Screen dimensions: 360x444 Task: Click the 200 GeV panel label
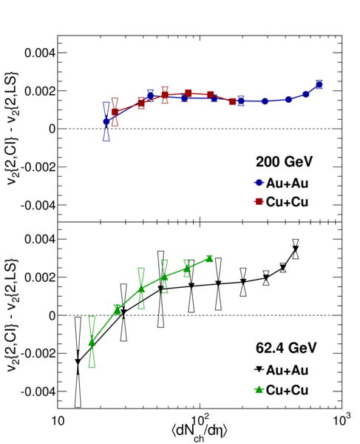point(284,162)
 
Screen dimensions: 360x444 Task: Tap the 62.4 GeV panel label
point(286,348)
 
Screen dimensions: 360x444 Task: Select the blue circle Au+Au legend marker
point(259,183)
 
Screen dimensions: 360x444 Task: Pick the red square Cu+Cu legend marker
point(259,201)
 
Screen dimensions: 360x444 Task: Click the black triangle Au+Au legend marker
point(259,369)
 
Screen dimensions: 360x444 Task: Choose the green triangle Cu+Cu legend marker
point(259,390)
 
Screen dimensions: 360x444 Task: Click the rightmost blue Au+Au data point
point(319,84)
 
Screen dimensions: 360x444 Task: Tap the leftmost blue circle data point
point(106,121)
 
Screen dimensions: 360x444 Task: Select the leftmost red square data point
point(115,112)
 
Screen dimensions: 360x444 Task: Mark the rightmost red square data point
point(232,101)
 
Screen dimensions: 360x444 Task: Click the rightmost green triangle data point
point(209,258)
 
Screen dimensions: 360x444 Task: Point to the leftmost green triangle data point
point(92,343)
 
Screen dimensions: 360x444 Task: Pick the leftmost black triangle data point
point(78,362)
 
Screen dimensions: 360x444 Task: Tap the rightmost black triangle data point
point(296,249)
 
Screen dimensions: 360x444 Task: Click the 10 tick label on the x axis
point(58,421)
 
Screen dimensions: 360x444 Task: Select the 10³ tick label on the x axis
point(342,420)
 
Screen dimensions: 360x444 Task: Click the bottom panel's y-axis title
point(12,315)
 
